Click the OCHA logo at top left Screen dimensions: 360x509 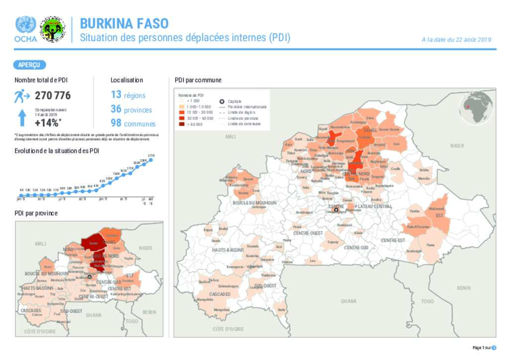25,29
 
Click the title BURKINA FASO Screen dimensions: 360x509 124,23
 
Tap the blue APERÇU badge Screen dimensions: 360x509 30,65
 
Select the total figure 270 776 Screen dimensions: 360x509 52,95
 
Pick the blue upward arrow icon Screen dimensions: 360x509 22,118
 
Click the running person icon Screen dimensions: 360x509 22,95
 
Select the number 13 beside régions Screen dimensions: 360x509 116,94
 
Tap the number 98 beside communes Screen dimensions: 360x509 116,123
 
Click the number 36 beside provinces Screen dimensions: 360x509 116,109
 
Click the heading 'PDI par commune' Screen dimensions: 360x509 198,80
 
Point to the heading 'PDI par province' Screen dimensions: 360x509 36,213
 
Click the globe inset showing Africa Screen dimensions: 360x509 476,107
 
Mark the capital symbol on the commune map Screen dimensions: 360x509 336,210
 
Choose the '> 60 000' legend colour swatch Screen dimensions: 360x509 182,124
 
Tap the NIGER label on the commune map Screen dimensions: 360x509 456,146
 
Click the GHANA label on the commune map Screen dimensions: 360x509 348,301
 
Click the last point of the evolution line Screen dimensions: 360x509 151,160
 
